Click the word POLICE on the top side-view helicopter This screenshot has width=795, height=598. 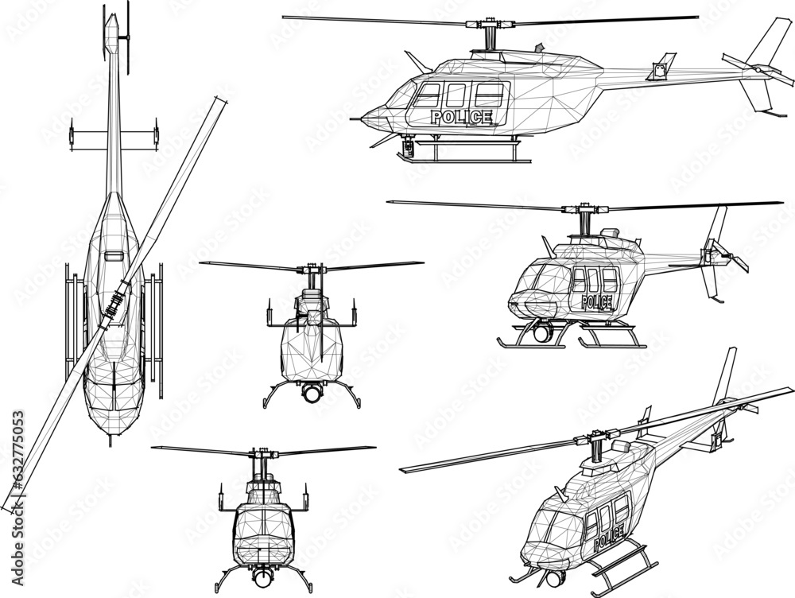[460, 117]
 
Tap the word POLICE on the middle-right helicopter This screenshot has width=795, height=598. [597, 301]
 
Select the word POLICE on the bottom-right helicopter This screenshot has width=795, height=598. [608, 540]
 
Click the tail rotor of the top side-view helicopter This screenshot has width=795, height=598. [759, 72]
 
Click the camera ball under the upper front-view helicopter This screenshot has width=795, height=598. [311, 392]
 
